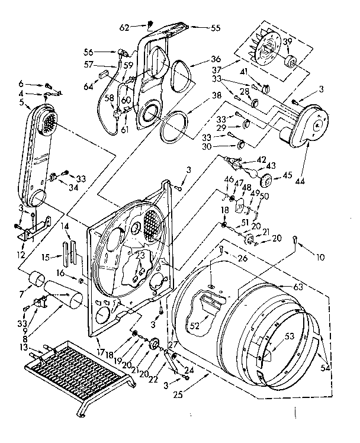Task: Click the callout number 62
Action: tap(124, 27)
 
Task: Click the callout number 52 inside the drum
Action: tap(194, 325)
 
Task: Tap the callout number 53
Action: tap(290, 337)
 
